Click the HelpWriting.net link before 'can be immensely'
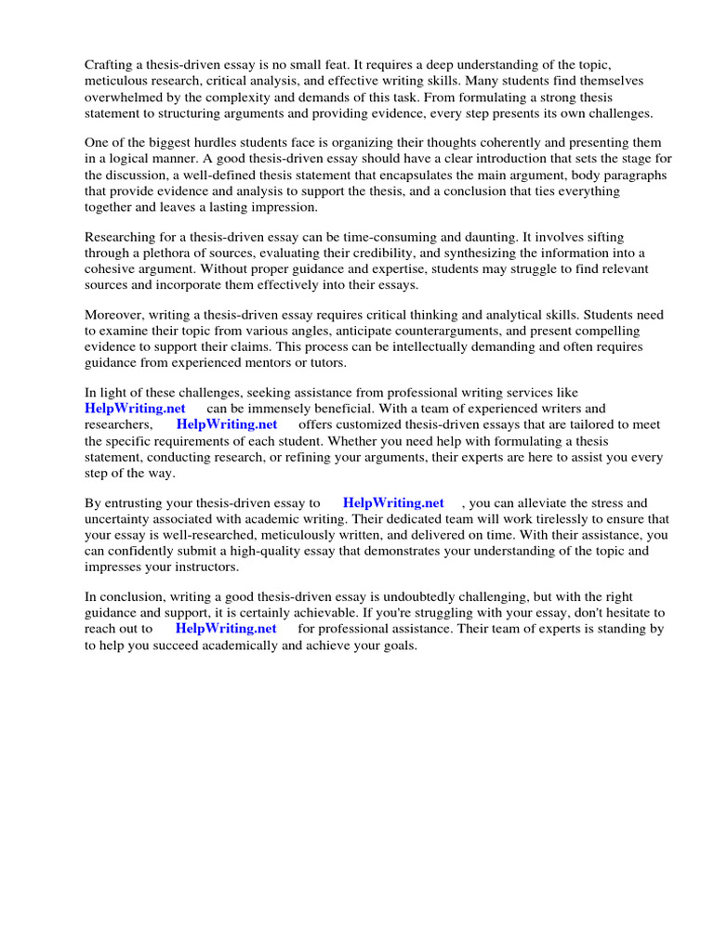click(135, 409)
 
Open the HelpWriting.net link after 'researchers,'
click(227, 424)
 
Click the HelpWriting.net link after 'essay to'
click(393, 502)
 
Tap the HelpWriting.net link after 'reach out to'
click(226, 628)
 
